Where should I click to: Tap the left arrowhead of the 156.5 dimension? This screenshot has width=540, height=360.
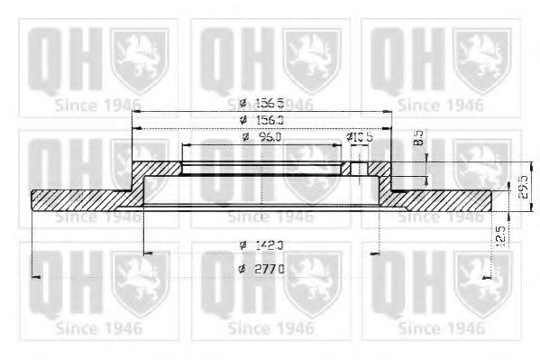coord(134,112)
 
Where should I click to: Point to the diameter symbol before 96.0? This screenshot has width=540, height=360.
coord(246,136)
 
